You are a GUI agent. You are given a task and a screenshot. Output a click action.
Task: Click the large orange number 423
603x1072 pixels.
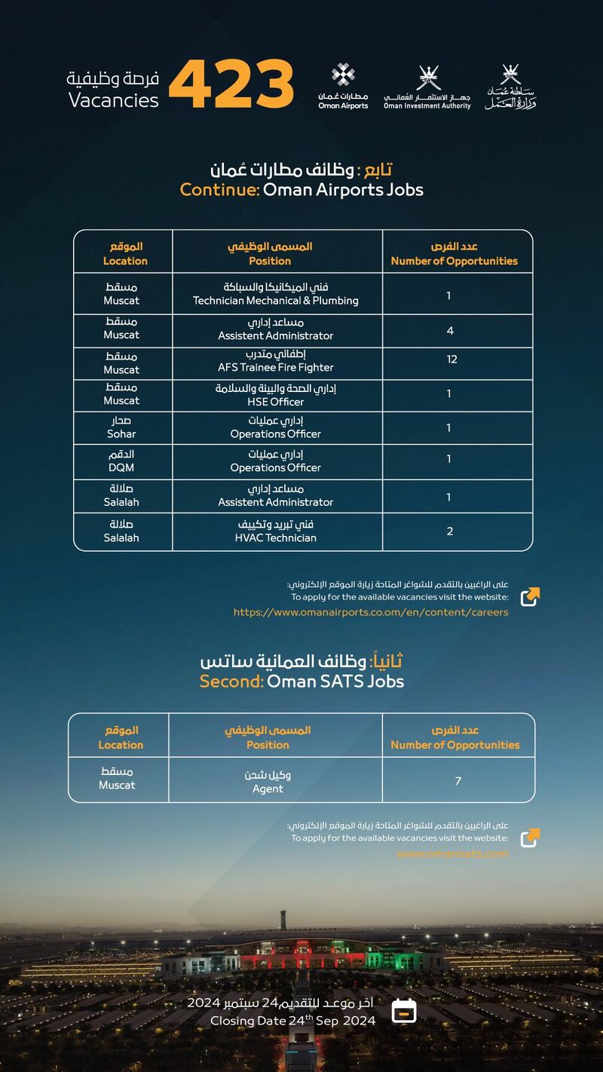point(231,84)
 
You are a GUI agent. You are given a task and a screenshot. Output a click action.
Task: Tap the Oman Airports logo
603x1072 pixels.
point(343,87)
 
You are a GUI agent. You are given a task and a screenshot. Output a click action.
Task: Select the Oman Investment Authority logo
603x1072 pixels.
point(427,88)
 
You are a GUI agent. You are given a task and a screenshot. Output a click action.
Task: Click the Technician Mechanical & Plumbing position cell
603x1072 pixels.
point(276,294)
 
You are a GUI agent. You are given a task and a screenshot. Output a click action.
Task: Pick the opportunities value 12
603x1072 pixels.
point(451,360)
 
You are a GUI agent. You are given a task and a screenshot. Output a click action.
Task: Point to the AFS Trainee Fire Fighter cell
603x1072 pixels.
point(275,361)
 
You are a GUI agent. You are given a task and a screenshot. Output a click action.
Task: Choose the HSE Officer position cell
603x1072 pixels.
point(275,395)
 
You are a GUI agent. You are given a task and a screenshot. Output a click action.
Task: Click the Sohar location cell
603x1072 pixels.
point(121,427)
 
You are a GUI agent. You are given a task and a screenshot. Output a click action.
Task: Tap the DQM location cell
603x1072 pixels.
point(121,461)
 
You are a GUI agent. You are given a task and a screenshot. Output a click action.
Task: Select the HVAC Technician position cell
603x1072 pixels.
point(275,531)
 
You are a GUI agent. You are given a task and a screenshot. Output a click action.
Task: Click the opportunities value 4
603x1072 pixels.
point(449,330)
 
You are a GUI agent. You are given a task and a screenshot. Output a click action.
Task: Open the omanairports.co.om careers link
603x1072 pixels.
point(371,612)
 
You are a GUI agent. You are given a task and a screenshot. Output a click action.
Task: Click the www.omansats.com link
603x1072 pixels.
point(452,854)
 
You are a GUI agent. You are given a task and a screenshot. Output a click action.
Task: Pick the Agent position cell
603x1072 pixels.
point(268,782)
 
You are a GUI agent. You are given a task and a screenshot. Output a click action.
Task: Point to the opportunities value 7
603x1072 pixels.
point(458,781)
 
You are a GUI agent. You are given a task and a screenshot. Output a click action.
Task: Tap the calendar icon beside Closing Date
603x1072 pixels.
point(405,1010)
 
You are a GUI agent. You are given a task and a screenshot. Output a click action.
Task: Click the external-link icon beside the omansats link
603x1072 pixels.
point(530,838)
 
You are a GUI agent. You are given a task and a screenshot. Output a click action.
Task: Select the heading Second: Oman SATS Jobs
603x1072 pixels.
point(301,681)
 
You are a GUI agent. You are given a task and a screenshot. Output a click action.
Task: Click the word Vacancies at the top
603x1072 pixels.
point(114,100)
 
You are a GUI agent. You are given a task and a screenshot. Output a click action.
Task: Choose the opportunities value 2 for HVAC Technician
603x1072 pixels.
point(450,531)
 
